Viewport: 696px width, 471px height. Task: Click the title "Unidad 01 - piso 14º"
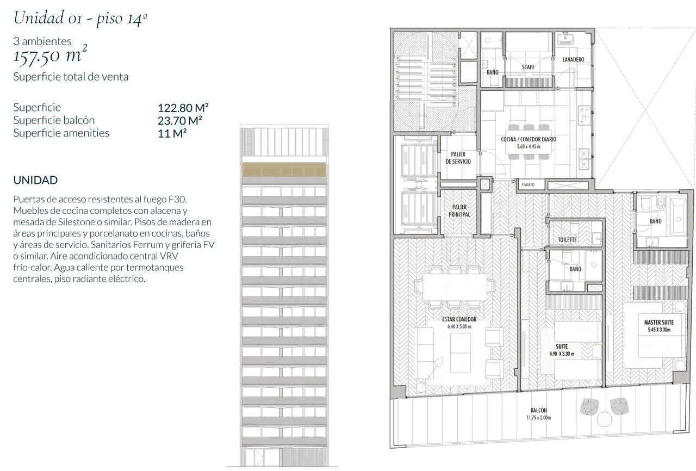(80, 17)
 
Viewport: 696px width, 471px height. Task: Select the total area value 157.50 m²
(50, 55)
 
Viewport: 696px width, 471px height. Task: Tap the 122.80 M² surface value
(183, 108)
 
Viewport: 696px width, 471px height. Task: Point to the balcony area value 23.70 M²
(180, 121)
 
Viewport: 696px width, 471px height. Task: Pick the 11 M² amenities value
(172, 133)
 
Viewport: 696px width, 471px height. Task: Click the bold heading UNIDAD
(35, 180)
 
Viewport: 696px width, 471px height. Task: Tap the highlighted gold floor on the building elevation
(284, 170)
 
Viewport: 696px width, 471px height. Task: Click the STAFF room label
(528, 67)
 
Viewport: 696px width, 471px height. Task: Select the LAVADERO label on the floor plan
(573, 59)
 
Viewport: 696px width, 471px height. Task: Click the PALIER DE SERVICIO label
(458, 158)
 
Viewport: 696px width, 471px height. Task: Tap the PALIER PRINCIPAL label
(459, 210)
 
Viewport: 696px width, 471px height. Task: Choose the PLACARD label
(528, 184)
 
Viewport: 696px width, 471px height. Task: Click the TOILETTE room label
(567, 240)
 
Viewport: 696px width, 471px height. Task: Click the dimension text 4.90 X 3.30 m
(562, 354)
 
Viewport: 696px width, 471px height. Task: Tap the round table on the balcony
(604, 419)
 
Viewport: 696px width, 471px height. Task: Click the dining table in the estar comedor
(455, 287)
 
